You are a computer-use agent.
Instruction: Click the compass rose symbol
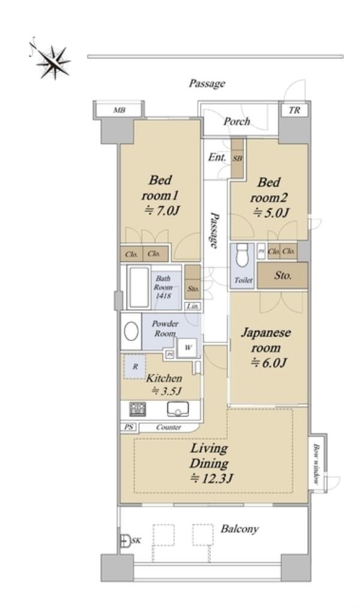coord(52,61)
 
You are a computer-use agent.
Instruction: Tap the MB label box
coord(119,110)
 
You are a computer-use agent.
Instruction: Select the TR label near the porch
coord(295,110)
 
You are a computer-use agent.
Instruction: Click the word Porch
coord(236,122)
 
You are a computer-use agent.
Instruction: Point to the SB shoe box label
coord(238,158)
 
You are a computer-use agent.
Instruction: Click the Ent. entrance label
coord(217,157)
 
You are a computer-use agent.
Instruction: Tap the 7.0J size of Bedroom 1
coord(162,210)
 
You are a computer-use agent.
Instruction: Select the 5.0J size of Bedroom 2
coord(271,212)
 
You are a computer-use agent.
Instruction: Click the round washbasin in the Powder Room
coord(131,331)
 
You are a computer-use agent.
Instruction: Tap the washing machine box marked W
coord(188,348)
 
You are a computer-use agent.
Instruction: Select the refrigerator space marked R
coord(135,367)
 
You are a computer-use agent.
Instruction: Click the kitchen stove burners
coord(137,409)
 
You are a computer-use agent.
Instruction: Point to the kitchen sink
coord(178,409)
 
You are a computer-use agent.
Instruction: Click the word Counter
coord(169,427)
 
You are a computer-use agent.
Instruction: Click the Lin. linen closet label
coord(193,306)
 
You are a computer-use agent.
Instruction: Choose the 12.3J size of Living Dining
coord(211,478)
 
